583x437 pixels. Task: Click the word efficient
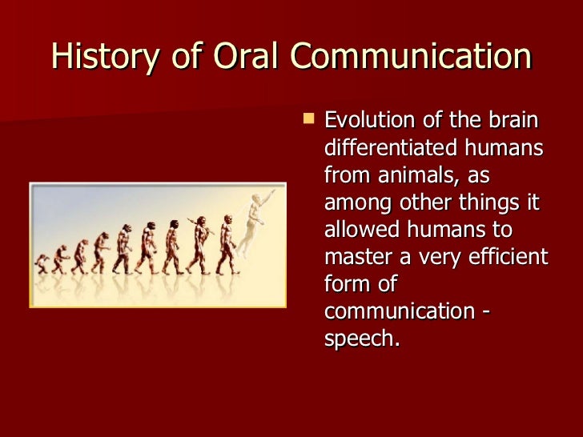(x=509, y=257)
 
